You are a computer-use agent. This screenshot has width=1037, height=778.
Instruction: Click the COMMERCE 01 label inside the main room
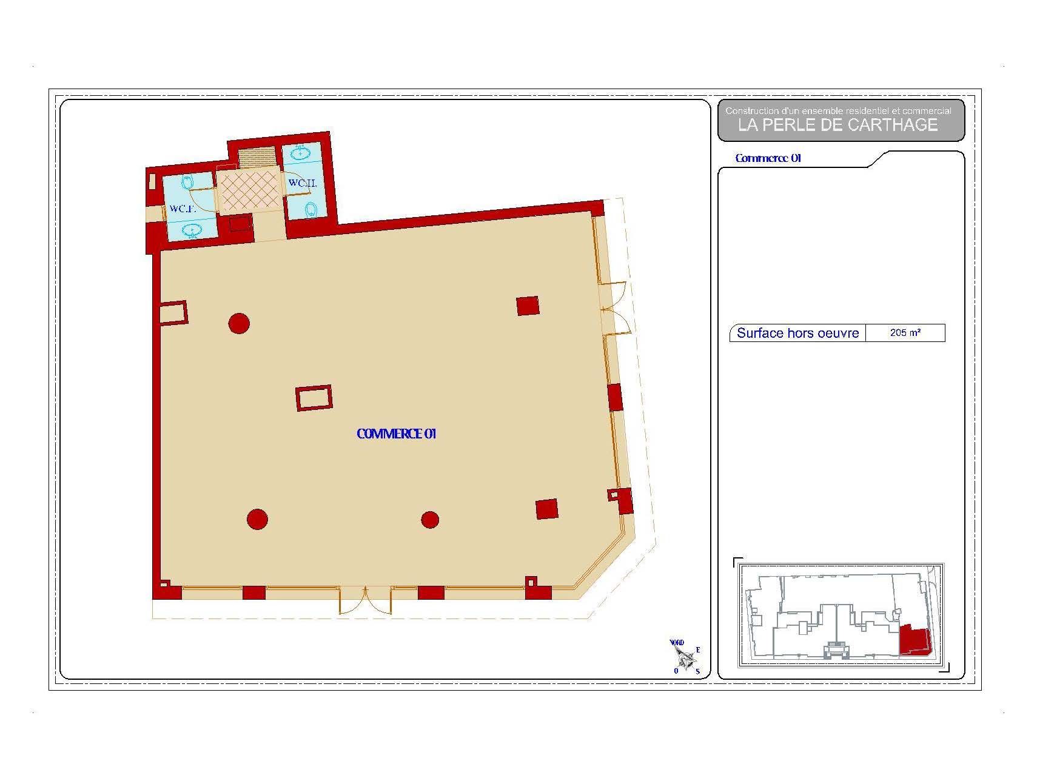(397, 434)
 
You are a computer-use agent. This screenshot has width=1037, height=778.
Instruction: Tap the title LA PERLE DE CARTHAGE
(837, 125)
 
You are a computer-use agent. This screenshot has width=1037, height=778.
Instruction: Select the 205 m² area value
(905, 332)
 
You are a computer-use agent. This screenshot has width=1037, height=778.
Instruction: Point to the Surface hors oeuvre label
(797, 333)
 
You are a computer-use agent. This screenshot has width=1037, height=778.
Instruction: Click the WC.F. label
(181, 209)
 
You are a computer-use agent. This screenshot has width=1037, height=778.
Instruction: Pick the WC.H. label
(303, 183)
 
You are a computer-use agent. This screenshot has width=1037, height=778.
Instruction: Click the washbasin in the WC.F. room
(193, 230)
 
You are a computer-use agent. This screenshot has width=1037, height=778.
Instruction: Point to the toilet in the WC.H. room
(311, 210)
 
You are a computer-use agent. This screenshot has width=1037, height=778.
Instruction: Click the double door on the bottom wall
(366, 600)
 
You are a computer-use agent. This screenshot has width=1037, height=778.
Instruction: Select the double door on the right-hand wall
(615, 308)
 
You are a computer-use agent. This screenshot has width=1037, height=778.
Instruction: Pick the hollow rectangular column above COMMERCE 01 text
(314, 398)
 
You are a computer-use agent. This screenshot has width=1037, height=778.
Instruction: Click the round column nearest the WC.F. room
(239, 323)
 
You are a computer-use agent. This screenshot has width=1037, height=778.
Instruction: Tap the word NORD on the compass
(677, 643)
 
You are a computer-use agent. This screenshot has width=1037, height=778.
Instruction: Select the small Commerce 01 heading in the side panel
(768, 158)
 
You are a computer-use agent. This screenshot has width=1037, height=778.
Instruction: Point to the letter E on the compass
(697, 650)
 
